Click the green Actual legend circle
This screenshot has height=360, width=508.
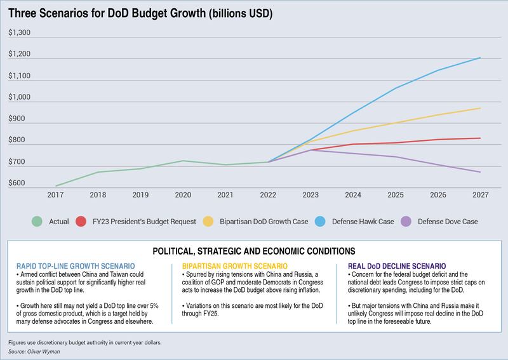point(37,222)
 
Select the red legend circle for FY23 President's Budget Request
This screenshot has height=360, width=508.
point(81,222)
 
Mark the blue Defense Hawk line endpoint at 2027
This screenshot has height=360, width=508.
point(480,58)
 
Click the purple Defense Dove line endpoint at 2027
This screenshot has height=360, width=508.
point(480,172)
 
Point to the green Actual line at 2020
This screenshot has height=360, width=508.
point(183,161)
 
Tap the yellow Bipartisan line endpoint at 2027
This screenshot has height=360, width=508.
point(480,108)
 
